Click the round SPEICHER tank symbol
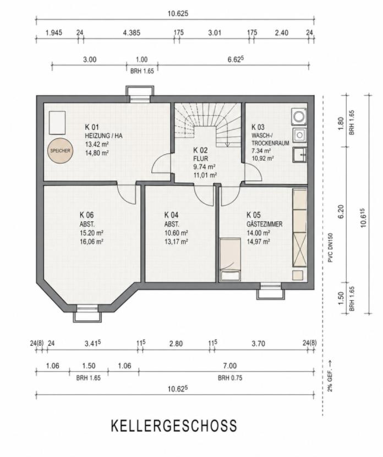pos(61,150)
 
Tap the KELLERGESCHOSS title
pos(174,426)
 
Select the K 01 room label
pos(92,127)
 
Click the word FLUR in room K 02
pos(201,159)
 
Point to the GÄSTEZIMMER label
pos(264,224)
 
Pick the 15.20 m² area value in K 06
pos(91,233)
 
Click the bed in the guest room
pos(230,259)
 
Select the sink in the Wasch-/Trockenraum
pos(299,155)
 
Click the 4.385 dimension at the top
pos(132,32)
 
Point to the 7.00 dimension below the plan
pos(230,366)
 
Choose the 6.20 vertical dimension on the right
pos(341,211)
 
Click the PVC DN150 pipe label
pos(330,248)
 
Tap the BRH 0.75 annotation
pos(230,378)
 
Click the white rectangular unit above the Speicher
pos(57,123)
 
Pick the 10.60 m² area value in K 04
pos(176,233)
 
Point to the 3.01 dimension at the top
pos(215,32)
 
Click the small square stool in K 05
pos(298,275)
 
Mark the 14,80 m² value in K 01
pos(97,153)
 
